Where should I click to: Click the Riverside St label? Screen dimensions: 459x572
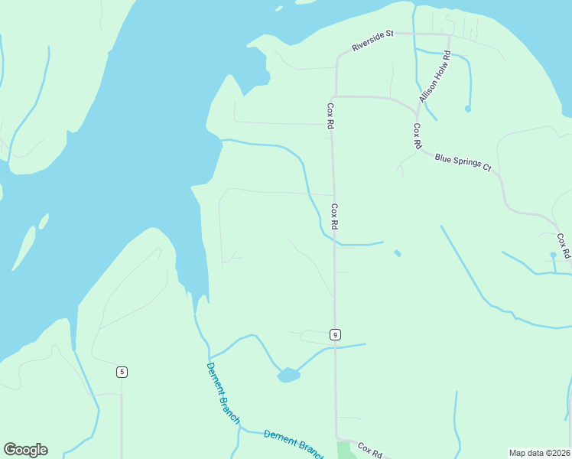(372, 41)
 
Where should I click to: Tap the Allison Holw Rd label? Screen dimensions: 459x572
(436, 76)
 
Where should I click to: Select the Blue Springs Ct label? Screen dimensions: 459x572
(463, 163)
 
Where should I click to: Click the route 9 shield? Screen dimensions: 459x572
(335, 334)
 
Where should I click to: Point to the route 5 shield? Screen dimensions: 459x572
(122, 372)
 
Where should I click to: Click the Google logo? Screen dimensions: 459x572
(25, 450)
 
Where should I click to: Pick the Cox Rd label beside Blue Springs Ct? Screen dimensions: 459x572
(418, 135)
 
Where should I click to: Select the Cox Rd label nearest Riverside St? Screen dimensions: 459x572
(331, 116)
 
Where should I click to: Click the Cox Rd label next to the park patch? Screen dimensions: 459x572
(369, 451)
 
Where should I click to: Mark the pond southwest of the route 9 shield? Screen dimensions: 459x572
(288, 375)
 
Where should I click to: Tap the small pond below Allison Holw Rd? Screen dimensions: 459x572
(468, 109)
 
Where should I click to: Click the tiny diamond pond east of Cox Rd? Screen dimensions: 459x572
(397, 252)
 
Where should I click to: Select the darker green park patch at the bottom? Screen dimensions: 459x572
(346, 451)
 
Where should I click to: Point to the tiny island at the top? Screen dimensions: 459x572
(279, 8)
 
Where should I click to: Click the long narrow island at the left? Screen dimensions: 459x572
(24, 247)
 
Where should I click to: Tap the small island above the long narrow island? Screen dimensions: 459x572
(44, 221)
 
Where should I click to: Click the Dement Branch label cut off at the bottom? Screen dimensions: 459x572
(294, 443)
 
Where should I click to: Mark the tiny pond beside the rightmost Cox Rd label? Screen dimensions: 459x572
(553, 255)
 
